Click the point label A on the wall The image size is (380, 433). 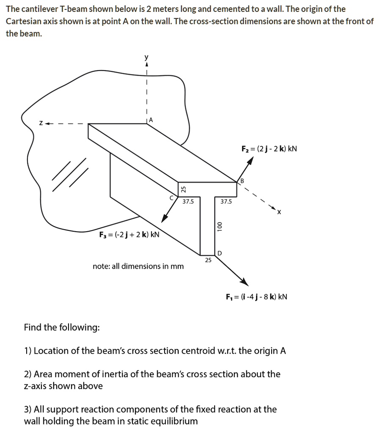pos(152,120)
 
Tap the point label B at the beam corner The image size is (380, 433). pos(242,181)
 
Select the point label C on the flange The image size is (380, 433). pos(171,197)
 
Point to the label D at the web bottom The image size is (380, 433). pos(219,253)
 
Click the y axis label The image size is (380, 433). pos(147,58)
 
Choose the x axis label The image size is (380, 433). pos(279,212)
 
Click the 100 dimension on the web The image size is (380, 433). pos(219,226)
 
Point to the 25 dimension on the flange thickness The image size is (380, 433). pos(183,190)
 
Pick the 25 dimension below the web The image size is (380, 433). pos(208,260)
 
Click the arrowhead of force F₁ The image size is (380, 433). pos(244,282)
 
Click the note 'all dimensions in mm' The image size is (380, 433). pos(138,266)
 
